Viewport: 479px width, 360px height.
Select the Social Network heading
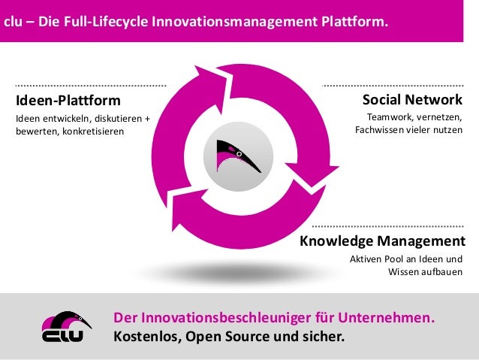pos(412,101)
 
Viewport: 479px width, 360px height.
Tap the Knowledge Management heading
pos(382,241)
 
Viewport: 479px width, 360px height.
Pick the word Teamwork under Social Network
pos(392,117)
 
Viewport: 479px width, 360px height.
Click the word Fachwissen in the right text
pos(381,130)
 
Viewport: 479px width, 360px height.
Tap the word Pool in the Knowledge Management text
pos(396,259)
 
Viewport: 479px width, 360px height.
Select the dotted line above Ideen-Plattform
pos(90,86)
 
